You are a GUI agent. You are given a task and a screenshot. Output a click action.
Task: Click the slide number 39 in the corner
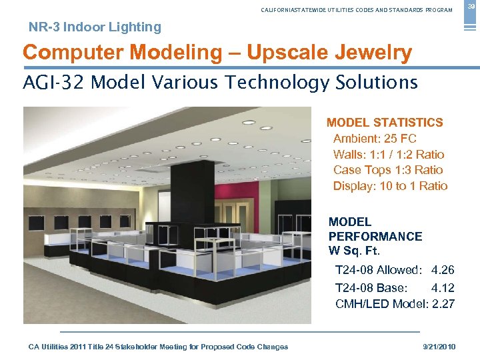[469, 6]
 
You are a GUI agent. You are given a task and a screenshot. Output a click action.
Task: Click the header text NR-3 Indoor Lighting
[95, 27]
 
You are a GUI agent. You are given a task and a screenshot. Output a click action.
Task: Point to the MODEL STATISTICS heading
[385, 123]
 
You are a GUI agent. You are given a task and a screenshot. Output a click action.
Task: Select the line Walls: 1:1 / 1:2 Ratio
[389, 154]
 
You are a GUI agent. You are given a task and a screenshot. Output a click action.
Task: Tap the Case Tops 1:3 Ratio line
[388, 170]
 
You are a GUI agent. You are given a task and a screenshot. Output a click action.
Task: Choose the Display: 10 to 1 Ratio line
[390, 186]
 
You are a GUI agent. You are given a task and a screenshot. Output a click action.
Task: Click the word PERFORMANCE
[375, 237]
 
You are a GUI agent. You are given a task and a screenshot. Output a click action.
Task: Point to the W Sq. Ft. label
[354, 251]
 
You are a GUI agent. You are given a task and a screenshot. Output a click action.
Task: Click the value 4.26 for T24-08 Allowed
[443, 271]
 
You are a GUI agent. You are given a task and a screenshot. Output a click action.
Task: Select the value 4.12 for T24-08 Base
[443, 288]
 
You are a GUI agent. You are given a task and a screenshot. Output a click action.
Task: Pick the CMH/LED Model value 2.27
[443, 304]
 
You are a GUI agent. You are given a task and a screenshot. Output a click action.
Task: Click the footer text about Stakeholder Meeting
[159, 347]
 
